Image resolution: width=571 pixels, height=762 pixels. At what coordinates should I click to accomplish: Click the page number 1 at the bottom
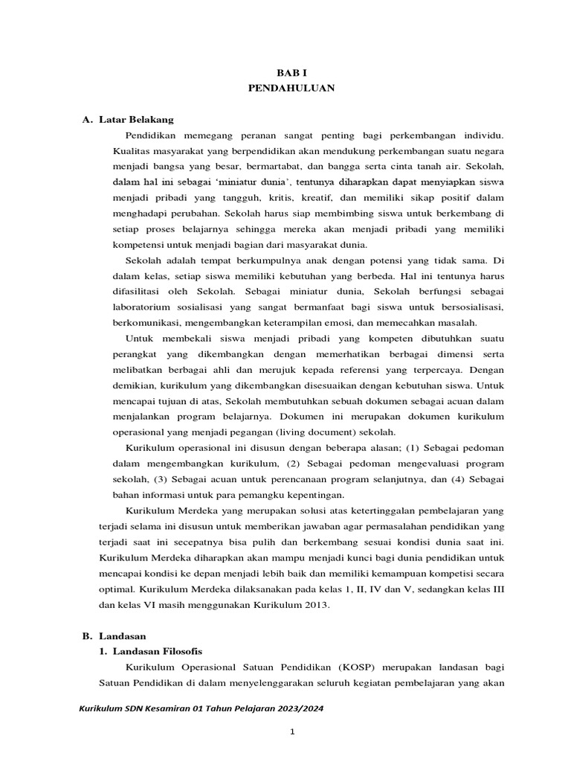[293, 731]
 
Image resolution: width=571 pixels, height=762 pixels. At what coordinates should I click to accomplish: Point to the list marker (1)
[418, 447]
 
